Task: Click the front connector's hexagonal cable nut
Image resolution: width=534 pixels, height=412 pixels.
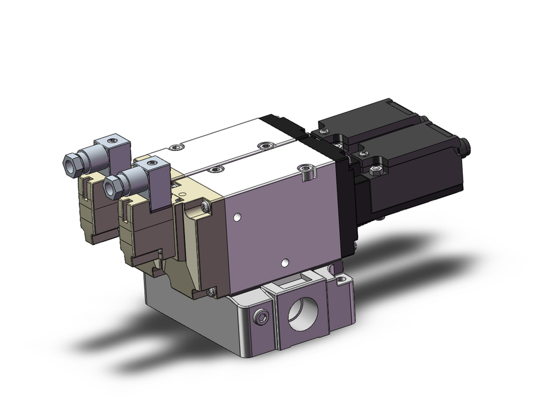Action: tap(113, 187)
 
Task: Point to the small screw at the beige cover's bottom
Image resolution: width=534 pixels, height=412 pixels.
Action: tap(214, 291)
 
